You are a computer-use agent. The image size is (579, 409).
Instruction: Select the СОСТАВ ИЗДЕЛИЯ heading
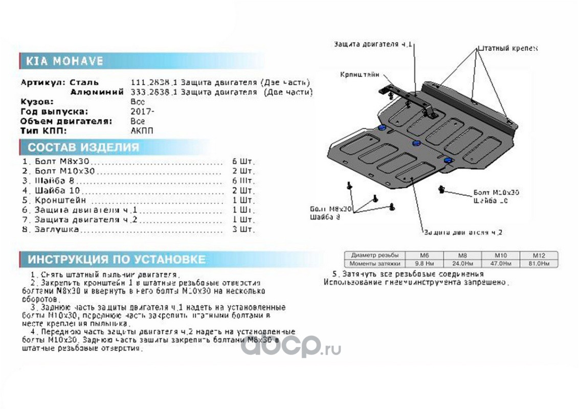(83, 148)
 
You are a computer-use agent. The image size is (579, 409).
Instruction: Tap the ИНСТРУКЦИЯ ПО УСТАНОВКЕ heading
(117, 259)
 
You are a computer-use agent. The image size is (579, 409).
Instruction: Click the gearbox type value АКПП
(142, 131)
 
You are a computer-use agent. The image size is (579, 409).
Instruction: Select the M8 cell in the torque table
(462, 255)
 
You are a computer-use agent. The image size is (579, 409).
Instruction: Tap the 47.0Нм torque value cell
(500, 263)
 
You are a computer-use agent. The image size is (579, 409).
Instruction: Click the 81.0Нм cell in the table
(538, 263)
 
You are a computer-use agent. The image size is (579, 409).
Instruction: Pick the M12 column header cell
(538, 255)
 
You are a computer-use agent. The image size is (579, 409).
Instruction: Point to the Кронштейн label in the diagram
(361, 75)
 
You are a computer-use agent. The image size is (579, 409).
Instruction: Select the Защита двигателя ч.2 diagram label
(463, 232)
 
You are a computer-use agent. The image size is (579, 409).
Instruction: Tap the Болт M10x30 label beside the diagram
(496, 192)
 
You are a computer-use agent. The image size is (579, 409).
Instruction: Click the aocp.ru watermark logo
(291, 346)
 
